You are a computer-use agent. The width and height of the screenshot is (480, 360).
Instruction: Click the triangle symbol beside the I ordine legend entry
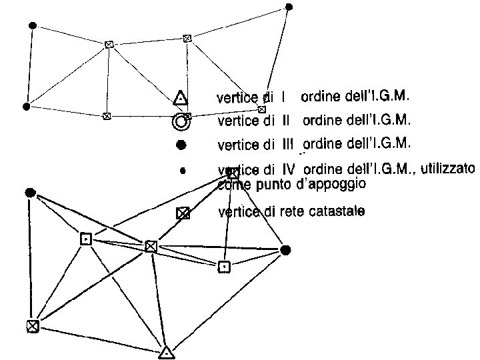click(179, 99)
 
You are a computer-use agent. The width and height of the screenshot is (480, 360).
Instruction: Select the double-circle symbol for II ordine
click(180, 121)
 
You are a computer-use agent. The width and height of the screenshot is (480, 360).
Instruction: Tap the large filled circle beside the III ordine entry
click(181, 144)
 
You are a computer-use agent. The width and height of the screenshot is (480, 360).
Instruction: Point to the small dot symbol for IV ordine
click(182, 171)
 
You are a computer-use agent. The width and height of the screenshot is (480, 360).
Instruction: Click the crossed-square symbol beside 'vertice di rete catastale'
click(182, 213)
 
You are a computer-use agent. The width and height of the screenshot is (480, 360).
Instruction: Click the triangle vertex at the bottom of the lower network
click(167, 352)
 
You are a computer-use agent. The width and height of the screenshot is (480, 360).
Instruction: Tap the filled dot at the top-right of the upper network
click(289, 7)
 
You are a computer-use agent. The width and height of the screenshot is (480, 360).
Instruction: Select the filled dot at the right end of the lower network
click(285, 250)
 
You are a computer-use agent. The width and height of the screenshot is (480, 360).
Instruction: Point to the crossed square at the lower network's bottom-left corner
click(32, 325)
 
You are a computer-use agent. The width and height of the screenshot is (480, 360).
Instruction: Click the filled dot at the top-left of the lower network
click(29, 193)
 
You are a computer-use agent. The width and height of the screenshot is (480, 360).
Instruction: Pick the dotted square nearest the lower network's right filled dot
click(225, 267)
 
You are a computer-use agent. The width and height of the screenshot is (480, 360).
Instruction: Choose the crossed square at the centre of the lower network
click(151, 247)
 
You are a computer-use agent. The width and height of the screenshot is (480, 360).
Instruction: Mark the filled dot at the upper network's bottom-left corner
click(26, 106)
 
